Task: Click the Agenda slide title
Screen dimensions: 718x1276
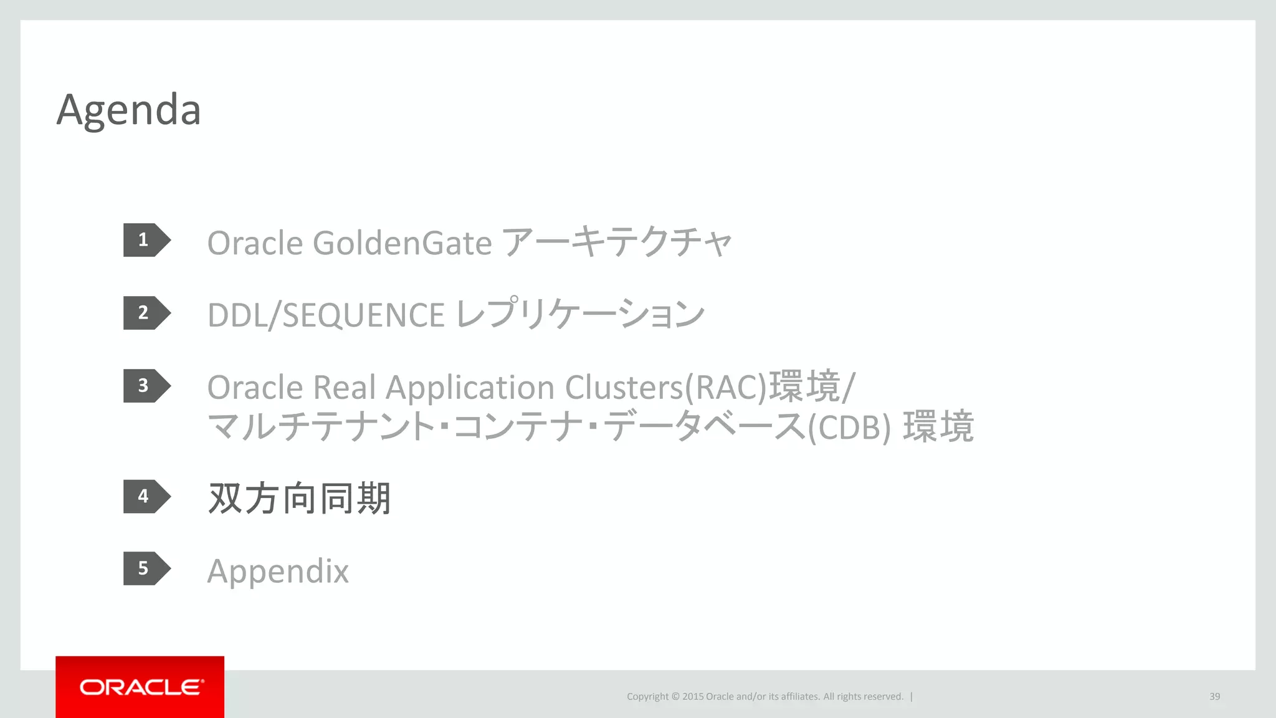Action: (x=128, y=110)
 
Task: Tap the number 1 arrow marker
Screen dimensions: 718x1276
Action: (x=146, y=240)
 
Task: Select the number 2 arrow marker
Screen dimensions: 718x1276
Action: (x=146, y=313)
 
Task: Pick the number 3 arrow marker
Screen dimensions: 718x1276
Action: (x=146, y=386)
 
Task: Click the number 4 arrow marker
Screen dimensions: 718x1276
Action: (x=146, y=496)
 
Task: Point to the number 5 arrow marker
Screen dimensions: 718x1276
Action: (x=146, y=568)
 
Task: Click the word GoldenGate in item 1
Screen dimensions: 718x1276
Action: (x=402, y=243)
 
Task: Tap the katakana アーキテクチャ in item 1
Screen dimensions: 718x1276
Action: (x=616, y=242)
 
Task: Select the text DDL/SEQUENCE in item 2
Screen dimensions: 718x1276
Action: (x=326, y=315)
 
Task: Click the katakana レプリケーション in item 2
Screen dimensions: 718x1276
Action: (x=580, y=314)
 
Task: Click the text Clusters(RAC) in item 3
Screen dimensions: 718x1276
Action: (x=665, y=388)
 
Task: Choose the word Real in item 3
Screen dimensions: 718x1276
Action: (x=345, y=388)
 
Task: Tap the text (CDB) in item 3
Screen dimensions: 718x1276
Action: (x=849, y=428)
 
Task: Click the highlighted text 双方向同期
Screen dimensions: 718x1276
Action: (x=299, y=499)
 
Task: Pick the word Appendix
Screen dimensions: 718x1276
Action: (x=278, y=572)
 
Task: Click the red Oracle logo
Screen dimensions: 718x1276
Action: (x=140, y=687)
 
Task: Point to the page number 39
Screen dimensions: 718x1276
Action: (x=1214, y=696)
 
